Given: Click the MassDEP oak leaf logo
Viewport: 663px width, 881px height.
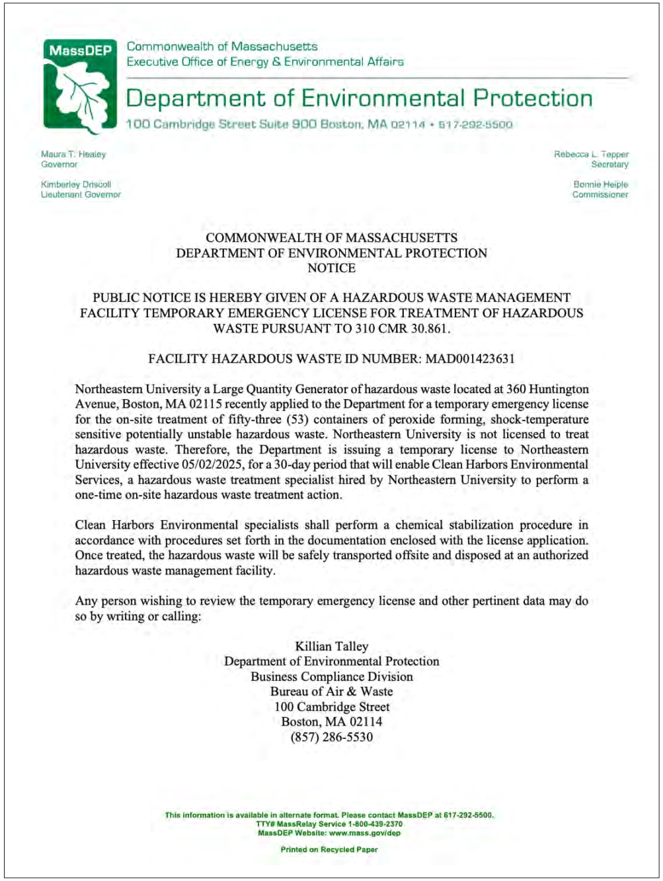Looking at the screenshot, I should click(80, 86).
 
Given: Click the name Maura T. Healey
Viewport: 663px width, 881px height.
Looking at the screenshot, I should click(73, 155).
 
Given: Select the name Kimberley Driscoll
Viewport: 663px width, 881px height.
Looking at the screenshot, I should click(76, 184).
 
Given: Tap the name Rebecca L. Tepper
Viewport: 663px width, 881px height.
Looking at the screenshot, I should click(591, 155).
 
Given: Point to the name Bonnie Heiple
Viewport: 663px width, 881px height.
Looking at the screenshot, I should click(600, 184).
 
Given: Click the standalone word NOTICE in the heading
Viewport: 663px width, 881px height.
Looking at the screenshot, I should click(331, 268).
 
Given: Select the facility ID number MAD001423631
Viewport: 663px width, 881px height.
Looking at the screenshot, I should click(469, 359).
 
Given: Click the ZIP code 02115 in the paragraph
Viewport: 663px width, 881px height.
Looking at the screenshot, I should click(203, 404).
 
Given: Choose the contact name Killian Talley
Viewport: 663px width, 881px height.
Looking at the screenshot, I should click(331, 646).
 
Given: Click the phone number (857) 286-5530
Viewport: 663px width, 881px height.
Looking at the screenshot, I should click(331, 737).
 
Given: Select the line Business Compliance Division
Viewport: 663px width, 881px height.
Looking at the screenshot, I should click(331, 677).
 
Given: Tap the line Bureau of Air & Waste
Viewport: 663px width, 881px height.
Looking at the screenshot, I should click(331, 692).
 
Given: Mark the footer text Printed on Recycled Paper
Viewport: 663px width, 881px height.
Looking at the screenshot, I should click(329, 850).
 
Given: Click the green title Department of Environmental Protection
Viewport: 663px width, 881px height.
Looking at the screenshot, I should click(359, 98).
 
